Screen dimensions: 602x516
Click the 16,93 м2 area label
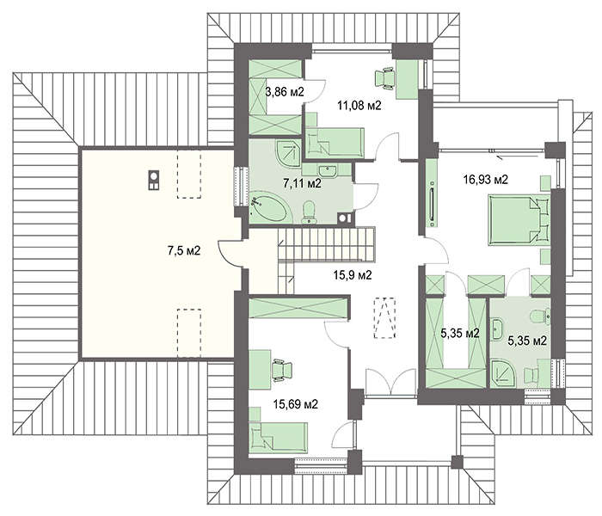coord(486,179)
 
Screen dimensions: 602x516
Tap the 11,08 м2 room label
coord(359,105)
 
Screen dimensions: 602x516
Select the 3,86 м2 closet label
coord(285,92)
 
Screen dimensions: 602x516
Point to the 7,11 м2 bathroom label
coord(302,183)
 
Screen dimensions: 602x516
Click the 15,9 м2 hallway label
coord(353,275)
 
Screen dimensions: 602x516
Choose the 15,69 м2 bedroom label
coord(296,404)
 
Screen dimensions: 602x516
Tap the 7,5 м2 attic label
coord(184,251)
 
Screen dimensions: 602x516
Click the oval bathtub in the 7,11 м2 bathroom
coord(268,208)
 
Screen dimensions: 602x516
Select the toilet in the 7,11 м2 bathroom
coord(309,212)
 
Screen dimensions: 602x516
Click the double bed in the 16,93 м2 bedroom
coord(519,219)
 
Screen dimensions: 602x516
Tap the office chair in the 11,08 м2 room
coord(384,79)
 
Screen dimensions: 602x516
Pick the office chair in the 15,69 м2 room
coord(281,370)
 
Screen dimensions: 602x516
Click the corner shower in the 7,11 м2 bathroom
coord(288,154)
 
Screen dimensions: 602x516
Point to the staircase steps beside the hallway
coord(326,244)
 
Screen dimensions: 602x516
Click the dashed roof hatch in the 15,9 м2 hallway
coord(384,317)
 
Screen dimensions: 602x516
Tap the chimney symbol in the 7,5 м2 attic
coord(154,180)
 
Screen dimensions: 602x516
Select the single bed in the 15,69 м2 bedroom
coord(279,437)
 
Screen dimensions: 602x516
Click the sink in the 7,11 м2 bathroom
coord(327,169)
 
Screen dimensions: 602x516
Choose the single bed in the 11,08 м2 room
coord(335,143)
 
